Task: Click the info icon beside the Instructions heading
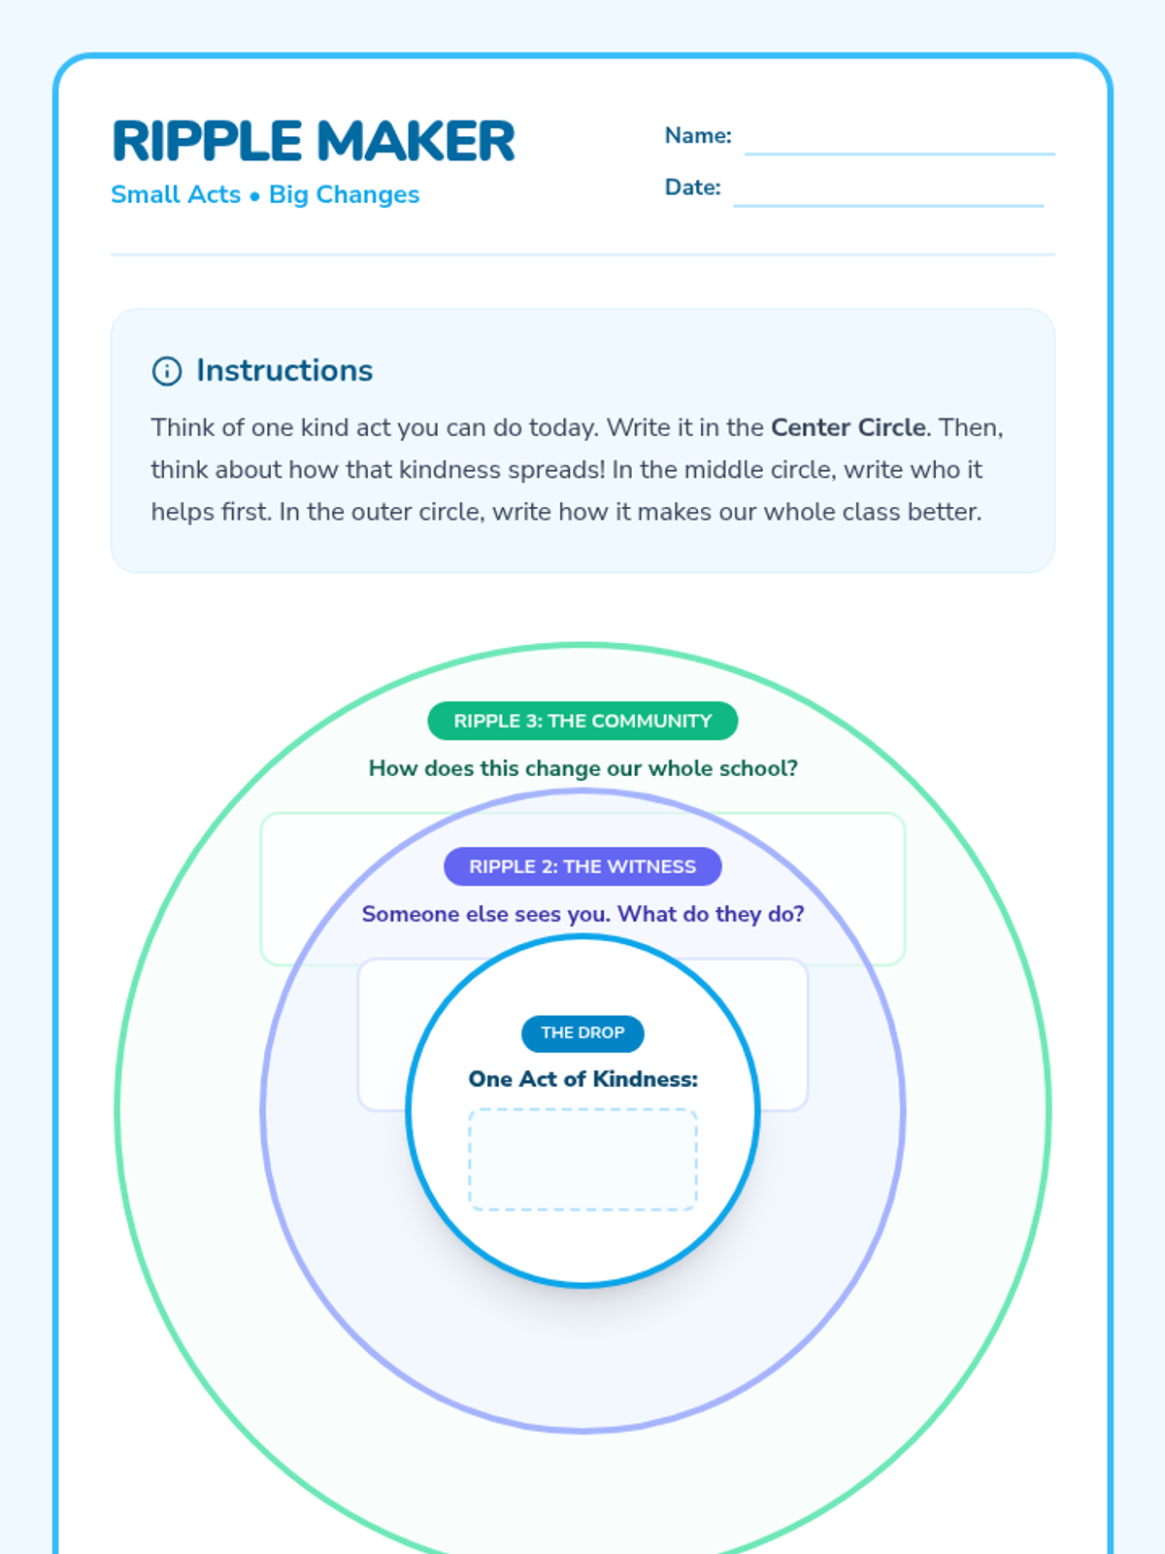click(x=167, y=371)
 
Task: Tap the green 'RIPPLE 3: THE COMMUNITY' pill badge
click(x=582, y=721)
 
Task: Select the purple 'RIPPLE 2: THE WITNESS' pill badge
click(x=582, y=866)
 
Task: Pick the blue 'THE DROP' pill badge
click(x=582, y=1033)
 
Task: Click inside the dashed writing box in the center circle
click(x=582, y=1159)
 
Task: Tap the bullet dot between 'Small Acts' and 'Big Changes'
click(x=254, y=196)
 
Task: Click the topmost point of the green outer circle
click(x=582, y=645)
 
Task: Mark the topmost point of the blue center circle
click(x=582, y=937)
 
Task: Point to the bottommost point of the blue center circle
click(x=582, y=1284)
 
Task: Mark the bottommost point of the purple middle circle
click(x=582, y=1430)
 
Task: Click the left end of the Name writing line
click(x=746, y=153)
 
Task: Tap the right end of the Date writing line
click(x=1044, y=205)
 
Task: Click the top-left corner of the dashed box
click(x=470, y=1110)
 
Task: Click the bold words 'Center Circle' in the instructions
click(x=849, y=427)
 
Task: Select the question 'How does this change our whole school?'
click(x=582, y=768)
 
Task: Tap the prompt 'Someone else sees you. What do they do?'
click(x=582, y=914)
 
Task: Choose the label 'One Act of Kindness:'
click(x=582, y=1079)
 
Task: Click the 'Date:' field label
click(x=692, y=187)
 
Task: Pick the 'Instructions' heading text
click(x=284, y=370)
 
